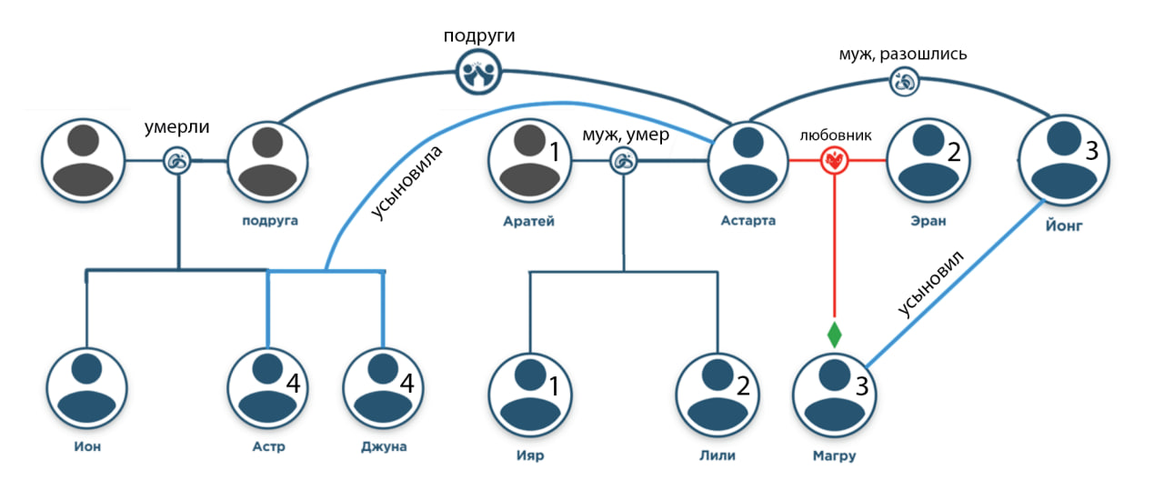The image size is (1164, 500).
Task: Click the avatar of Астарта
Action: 748,161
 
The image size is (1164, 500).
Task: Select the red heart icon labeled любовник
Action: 834,161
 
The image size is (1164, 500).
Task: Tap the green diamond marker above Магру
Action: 834,334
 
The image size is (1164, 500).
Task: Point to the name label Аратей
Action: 527,221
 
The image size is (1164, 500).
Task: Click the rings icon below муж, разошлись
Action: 905,82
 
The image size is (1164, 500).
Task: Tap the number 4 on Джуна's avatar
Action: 406,385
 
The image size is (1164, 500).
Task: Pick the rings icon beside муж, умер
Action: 624,162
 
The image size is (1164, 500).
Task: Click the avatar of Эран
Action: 927,161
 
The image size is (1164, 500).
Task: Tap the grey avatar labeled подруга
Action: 266,161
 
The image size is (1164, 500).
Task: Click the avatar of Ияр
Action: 528,392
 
